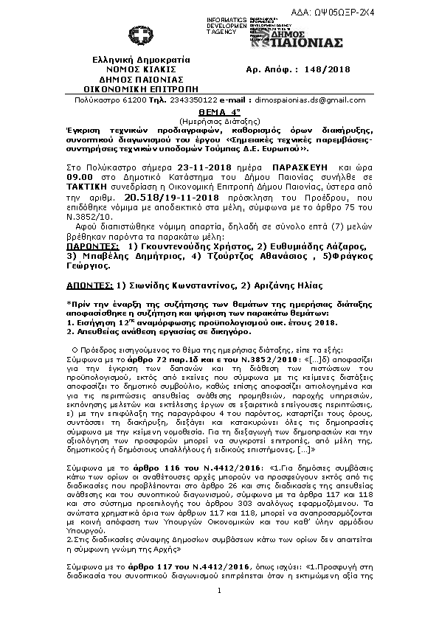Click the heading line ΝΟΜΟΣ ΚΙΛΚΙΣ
(x=142, y=69)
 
